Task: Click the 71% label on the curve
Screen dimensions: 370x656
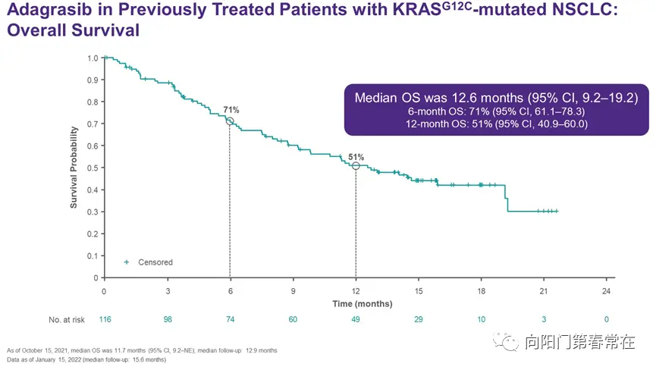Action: [x=231, y=110]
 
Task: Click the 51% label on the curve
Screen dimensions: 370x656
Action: [x=356, y=157]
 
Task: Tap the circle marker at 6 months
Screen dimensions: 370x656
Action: [x=230, y=121]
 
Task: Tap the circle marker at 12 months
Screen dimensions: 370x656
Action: [x=356, y=166]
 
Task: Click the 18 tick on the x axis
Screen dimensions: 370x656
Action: [x=482, y=291]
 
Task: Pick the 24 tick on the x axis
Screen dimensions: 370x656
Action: [x=607, y=291]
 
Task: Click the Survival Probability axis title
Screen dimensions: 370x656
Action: [x=74, y=168]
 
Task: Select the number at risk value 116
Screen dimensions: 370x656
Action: [x=105, y=320]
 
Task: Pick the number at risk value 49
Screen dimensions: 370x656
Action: [x=356, y=320]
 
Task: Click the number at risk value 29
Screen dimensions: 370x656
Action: [x=419, y=320]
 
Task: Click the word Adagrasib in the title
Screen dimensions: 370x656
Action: [x=43, y=13]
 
